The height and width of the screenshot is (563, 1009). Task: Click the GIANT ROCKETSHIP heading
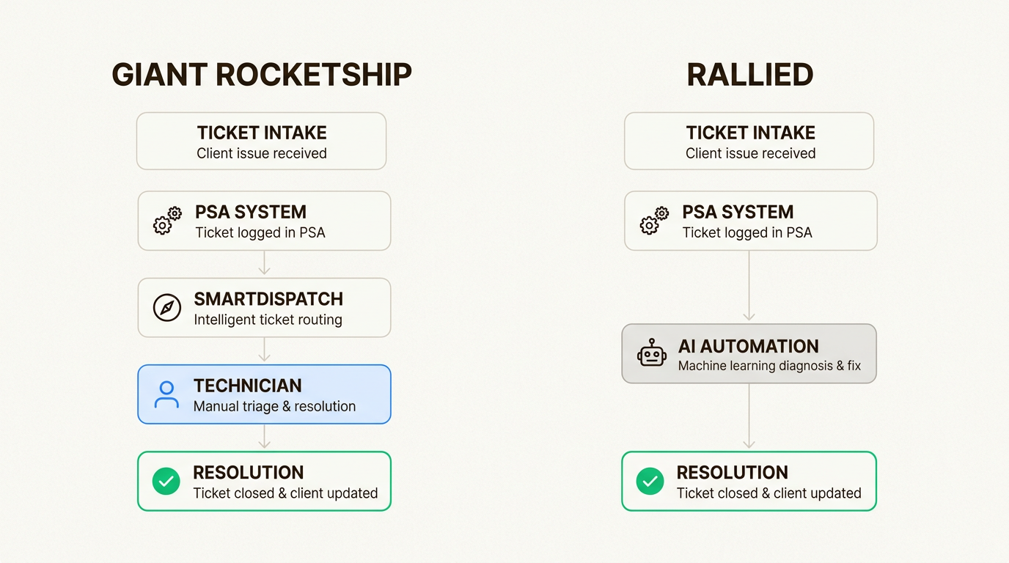[262, 76]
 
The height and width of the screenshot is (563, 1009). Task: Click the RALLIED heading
[749, 76]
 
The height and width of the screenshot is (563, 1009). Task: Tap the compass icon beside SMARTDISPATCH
[166, 307]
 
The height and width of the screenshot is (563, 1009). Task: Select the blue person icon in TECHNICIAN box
[166, 394]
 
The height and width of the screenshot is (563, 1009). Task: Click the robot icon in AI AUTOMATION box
[651, 353]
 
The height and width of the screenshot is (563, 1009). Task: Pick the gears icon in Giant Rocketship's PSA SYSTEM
[166, 221]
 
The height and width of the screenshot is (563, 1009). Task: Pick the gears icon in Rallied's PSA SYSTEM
[654, 221]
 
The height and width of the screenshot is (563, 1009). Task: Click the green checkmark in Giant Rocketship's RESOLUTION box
[166, 481]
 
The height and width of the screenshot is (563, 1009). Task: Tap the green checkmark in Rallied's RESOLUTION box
[650, 481]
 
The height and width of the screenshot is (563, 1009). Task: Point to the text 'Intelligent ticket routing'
[268, 320]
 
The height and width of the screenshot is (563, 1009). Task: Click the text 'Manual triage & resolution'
[274, 406]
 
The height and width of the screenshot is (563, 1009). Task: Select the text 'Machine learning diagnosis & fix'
[769, 365]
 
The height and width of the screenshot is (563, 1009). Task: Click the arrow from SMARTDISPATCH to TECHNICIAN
[265, 350]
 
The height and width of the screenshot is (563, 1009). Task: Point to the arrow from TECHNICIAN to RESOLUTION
[265, 437]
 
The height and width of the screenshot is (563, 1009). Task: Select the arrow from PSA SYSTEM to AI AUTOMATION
[749, 286]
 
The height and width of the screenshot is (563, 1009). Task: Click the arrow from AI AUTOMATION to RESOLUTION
[749, 416]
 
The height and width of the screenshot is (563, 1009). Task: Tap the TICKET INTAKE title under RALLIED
[750, 133]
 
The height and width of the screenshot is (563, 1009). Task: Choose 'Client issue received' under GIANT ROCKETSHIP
[262, 153]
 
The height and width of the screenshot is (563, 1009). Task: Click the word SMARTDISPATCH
[268, 299]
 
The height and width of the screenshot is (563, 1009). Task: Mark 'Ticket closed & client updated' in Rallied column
[768, 493]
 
